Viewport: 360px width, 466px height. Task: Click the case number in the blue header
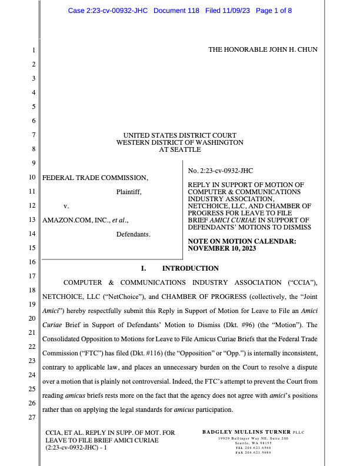[108, 11]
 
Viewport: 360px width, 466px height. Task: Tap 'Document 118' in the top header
[177, 11]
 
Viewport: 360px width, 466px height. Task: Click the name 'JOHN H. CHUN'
[293, 49]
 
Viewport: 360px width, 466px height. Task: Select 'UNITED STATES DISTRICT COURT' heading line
[179, 135]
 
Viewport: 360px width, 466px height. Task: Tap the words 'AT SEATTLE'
[179, 149]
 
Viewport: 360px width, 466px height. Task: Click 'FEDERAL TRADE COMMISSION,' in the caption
[94, 177]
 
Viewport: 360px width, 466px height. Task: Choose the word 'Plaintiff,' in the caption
[129, 191]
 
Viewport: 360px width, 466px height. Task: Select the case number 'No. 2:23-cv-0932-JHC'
[220, 171]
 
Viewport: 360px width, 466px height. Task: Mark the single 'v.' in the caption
[66, 206]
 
